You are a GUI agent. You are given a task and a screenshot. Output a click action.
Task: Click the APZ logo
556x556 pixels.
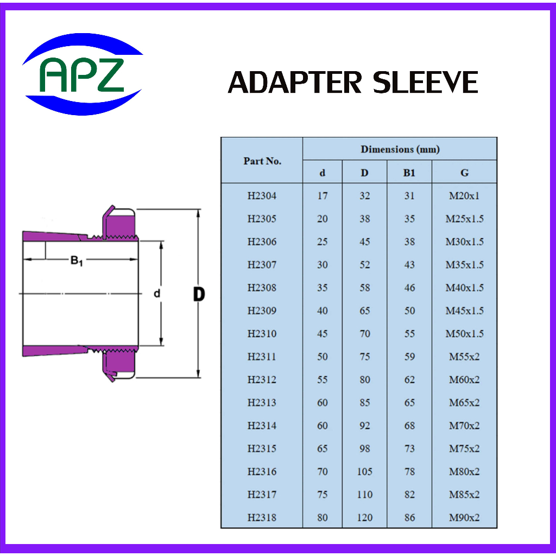[83, 74]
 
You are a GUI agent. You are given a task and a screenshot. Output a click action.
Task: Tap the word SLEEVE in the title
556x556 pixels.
[425, 83]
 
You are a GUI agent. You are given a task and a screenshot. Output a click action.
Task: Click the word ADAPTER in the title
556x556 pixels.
[295, 83]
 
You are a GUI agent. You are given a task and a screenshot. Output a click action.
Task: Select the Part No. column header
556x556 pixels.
[262, 161]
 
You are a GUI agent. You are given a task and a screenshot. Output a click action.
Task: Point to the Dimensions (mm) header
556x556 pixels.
[400, 149]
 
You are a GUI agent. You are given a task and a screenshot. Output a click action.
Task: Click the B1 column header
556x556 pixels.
[409, 173]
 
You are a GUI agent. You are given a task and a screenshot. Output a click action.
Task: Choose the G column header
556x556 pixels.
[464, 173]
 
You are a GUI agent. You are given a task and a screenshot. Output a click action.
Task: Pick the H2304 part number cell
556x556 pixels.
[262, 195]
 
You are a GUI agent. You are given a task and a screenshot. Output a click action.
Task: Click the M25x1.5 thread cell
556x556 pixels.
[465, 219]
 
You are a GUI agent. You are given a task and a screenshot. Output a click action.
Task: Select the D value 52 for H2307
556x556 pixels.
[364, 265]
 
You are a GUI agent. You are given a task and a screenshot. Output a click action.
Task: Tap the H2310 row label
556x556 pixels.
[262, 334]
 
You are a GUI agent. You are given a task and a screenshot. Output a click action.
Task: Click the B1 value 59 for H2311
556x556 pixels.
[409, 357]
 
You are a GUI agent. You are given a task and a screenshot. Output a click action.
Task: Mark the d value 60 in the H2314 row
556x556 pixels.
[323, 426]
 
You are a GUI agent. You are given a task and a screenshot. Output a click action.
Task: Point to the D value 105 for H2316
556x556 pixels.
[364, 472]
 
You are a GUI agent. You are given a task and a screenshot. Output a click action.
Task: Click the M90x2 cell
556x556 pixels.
[464, 517]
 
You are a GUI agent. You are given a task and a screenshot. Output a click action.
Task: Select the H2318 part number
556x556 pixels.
[262, 517]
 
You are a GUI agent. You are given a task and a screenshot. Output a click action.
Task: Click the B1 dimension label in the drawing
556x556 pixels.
[77, 261]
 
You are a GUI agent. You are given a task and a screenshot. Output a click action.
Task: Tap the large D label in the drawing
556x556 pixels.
[199, 294]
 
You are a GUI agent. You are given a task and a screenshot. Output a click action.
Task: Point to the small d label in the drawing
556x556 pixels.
[157, 293]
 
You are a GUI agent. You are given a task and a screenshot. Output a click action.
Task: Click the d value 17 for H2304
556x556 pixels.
[323, 195]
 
